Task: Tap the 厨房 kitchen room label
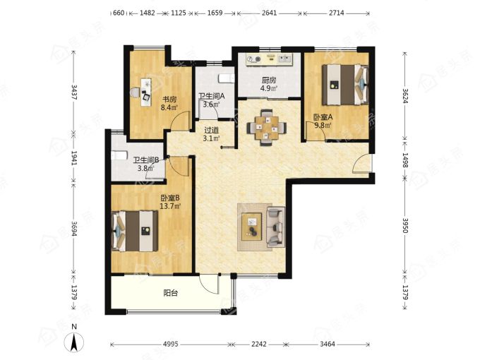(269, 80)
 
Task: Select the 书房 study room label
(169, 100)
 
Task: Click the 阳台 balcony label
(171, 293)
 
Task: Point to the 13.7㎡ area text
(170, 206)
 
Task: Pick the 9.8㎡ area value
(323, 125)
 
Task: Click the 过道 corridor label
(211, 131)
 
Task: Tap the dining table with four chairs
(267, 127)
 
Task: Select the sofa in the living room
(276, 227)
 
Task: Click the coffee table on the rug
(251, 227)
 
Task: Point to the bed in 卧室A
(345, 85)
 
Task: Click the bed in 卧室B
(135, 231)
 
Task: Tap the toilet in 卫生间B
(119, 155)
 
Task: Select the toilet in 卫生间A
(227, 78)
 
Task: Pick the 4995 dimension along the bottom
(171, 344)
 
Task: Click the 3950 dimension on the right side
(405, 226)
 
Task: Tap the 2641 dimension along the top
(270, 13)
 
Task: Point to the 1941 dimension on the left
(74, 157)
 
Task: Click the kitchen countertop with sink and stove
(270, 59)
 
